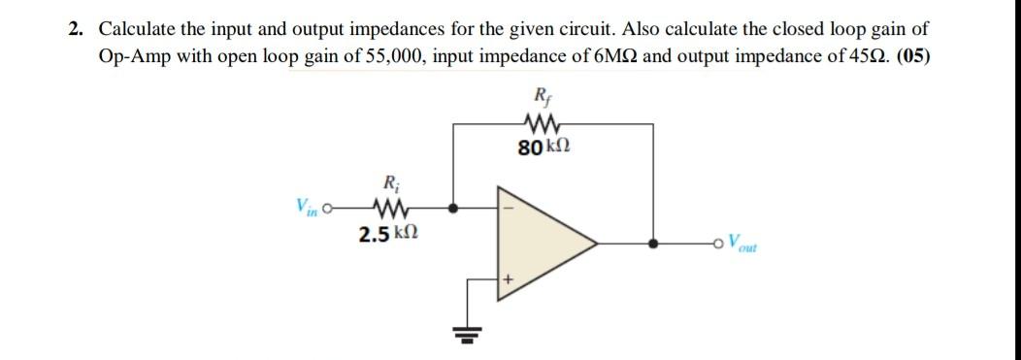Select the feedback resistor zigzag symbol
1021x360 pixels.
click(538, 123)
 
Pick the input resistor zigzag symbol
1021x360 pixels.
click(390, 207)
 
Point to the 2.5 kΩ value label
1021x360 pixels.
click(389, 234)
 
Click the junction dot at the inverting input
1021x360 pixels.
click(454, 207)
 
